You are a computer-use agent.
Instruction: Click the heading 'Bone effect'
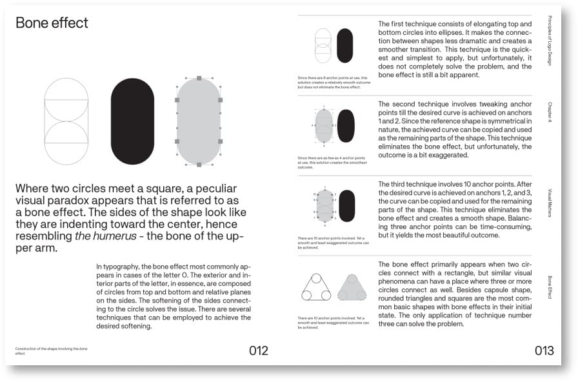tap(52, 23)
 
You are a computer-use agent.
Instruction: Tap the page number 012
tap(258, 351)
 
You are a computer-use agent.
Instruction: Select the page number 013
tap(544, 351)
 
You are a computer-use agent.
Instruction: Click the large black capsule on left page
tap(132, 121)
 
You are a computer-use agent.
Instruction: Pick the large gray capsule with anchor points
tap(199, 121)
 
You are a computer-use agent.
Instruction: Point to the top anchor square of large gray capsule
tap(199, 78)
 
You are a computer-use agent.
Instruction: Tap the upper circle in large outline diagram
tap(66, 100)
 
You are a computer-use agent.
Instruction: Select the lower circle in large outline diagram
tap(66, 143)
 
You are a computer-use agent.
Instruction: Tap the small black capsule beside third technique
tap(346, 206)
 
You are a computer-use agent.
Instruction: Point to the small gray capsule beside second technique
tap(324, 126)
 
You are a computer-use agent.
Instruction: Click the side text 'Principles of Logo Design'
tap(549, 41)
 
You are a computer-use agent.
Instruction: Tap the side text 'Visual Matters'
tap(549, 203)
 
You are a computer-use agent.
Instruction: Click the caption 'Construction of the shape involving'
tap(50, 348)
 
